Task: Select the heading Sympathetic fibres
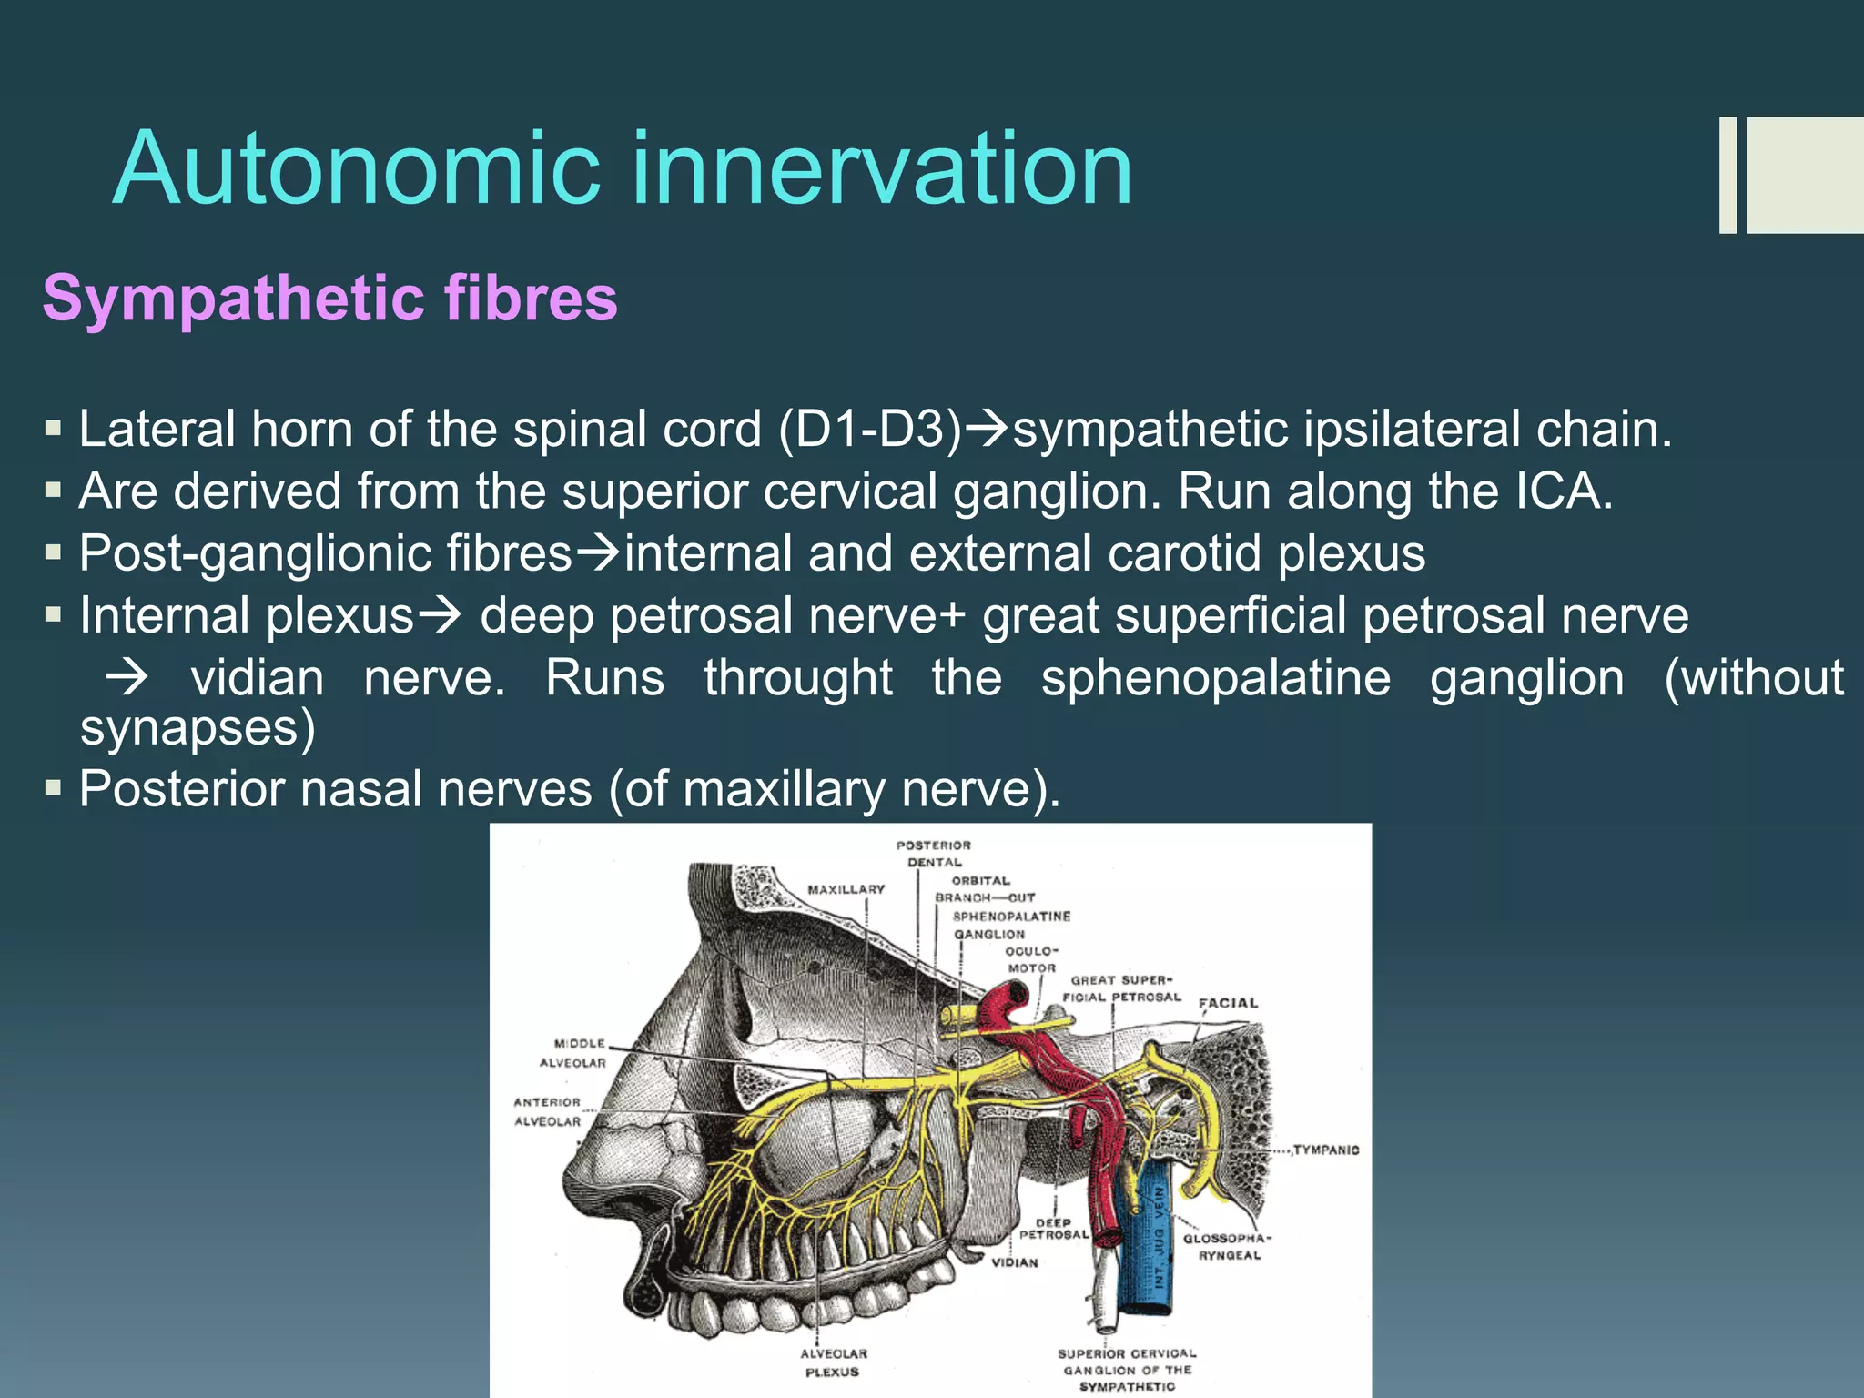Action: [x=329, y=299]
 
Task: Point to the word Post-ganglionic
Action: [x=326, y=553]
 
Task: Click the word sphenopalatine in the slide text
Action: [x=1216, y=679]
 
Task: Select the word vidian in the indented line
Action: [x=258, y=679]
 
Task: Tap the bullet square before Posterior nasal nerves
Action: [x=53, y=787]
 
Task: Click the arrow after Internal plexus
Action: [x=439, y=616]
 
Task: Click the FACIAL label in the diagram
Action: [x=1228, y=1003]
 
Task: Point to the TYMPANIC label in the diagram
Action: [x=1326, y=1150]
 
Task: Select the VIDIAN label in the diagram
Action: [x=1014, y=1262]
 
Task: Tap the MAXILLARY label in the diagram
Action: [x=846, y=889]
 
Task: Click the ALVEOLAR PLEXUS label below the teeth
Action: [x=833, y=1363]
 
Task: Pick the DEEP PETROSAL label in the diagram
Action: [x=1053, y=1229]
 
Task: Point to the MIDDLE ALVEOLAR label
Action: [x=573, y=1053]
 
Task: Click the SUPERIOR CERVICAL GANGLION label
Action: [x=1127, y=1370]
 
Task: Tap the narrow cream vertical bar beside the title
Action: [x=1727, y=175]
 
